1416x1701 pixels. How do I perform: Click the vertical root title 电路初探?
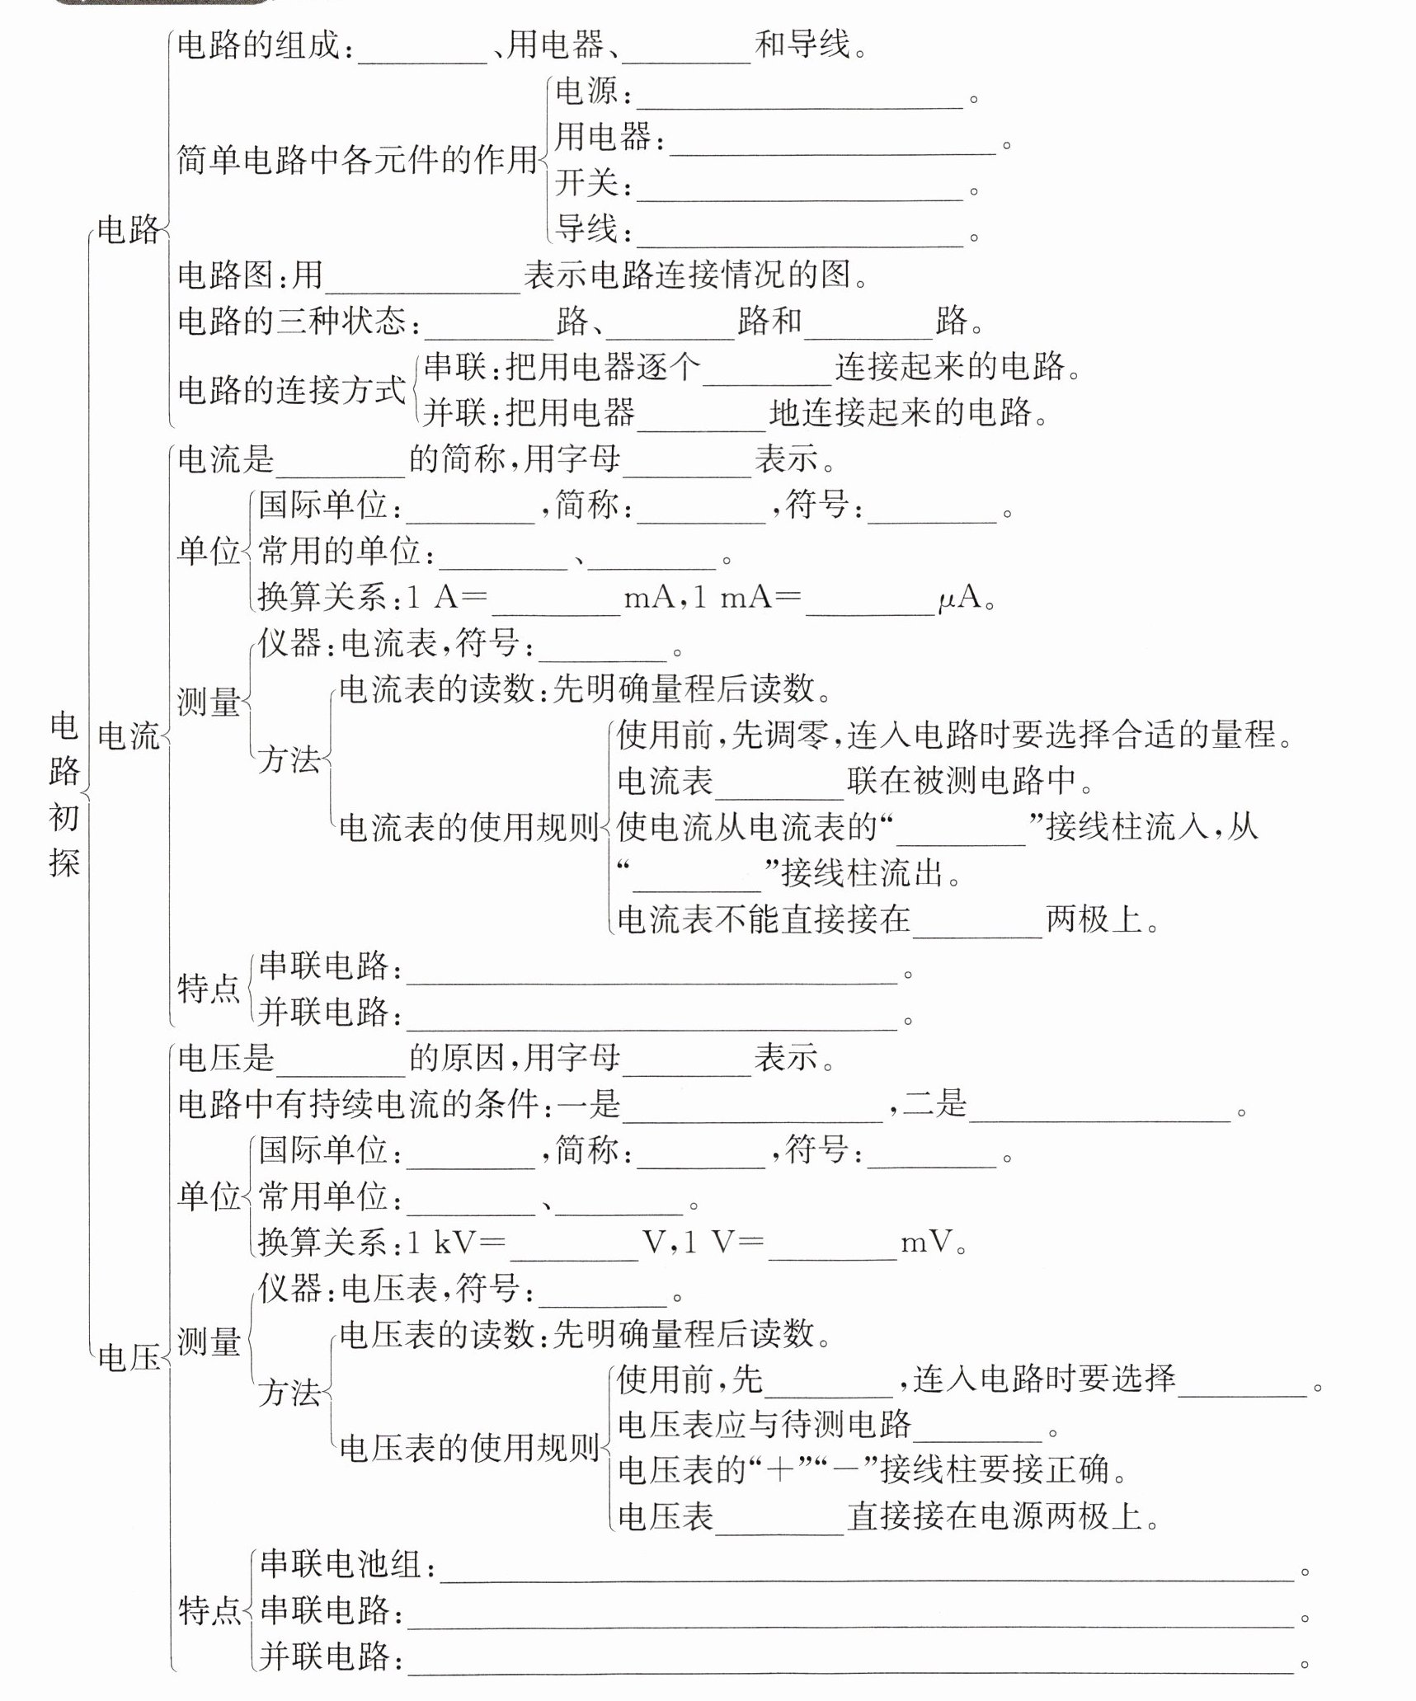[64, 793]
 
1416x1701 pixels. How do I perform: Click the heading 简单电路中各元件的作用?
[358, 160]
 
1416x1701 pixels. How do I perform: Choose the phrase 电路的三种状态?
[292, 321]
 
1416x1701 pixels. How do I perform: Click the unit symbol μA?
[960, 597]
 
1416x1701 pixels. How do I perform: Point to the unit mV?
[927, 1242]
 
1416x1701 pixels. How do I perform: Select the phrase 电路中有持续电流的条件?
[358, 1105]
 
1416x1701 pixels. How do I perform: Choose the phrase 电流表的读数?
[437, 689]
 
